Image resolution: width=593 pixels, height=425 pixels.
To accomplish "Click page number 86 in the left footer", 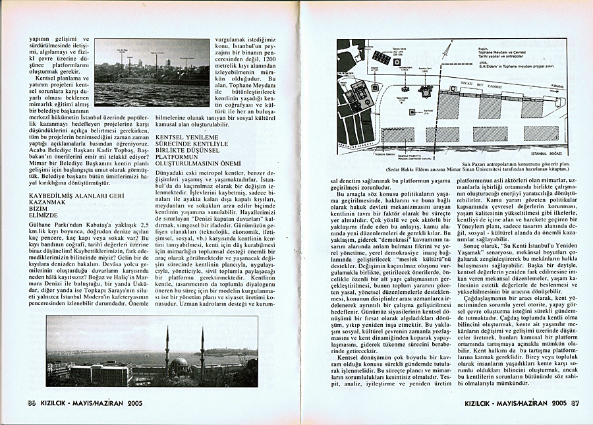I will coord(31,403).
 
